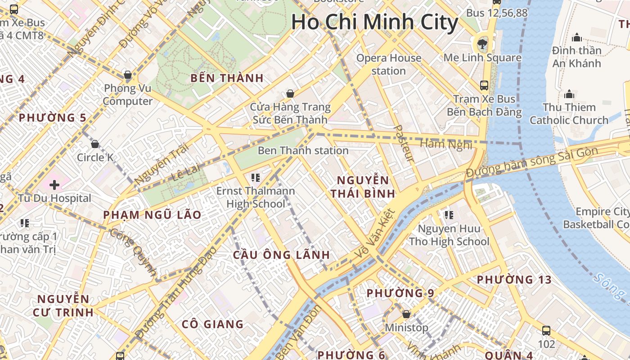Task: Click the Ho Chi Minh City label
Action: (374, 22)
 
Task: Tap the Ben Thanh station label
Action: (303, 150)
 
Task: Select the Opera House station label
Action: (389, 64)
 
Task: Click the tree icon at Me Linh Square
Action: (482, 44)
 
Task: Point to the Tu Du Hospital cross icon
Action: (54, 184)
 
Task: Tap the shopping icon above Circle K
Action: (95, 144)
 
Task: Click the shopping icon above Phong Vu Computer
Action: (128, 74)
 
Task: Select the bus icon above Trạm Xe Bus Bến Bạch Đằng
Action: (484, 85)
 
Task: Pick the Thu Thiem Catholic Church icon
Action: (569, 94)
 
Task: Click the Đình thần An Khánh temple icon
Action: (576, 37)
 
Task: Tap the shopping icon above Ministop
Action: (406, 314)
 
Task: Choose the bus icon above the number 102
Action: (546, 331)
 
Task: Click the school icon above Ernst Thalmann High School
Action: (256, 178)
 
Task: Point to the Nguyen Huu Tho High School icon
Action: (449, 215)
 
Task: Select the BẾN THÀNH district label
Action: (227, 78)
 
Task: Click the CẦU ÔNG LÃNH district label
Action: (282, 255)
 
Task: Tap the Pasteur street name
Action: (403, 143)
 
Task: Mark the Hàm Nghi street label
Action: (446, 144)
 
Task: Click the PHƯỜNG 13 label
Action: (514, 279)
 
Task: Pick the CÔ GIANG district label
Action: (212, 324)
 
